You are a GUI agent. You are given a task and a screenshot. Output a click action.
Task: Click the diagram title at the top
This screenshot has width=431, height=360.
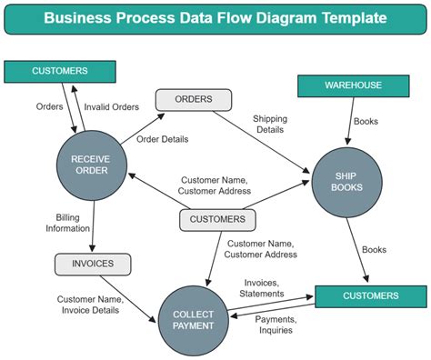[x=215, y=18]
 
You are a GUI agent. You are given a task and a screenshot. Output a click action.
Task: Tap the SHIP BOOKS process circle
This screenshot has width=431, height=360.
[x=347, y=181]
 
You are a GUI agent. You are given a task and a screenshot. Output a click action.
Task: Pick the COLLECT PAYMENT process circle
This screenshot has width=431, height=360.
[x=194, y=319]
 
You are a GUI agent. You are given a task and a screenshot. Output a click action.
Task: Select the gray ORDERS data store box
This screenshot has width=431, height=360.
[x=193, y=99]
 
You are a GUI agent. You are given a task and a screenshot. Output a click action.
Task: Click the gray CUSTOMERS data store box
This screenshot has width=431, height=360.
[x=217, y=219]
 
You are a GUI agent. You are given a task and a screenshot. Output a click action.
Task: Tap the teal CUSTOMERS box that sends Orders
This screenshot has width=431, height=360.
[x=60, y=70]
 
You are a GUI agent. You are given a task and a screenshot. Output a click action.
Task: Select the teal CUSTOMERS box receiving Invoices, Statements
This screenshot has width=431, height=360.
[x=370, y=295]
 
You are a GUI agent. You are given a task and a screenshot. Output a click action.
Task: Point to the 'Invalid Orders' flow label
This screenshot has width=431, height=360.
[x=113, y=106]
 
